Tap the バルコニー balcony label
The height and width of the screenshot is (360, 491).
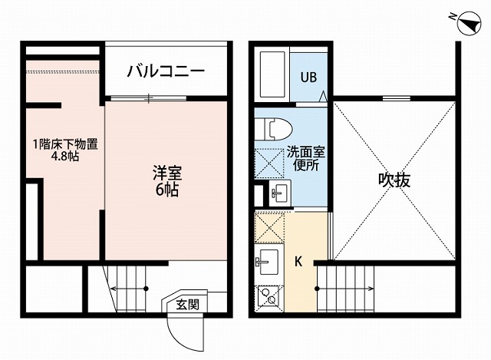click(166, 72)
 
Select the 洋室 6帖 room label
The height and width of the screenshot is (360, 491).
click(165, 180)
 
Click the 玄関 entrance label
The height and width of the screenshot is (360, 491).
click(187, 304)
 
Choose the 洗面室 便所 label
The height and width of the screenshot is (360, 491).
click(304, 158)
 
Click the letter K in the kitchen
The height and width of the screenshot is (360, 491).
click(299, 259)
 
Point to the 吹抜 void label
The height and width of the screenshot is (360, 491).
click(394, 180)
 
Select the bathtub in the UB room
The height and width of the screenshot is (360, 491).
click(272, 74)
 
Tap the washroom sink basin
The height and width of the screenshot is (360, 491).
click(278, 193)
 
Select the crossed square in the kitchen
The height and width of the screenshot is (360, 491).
click(269, 228)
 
